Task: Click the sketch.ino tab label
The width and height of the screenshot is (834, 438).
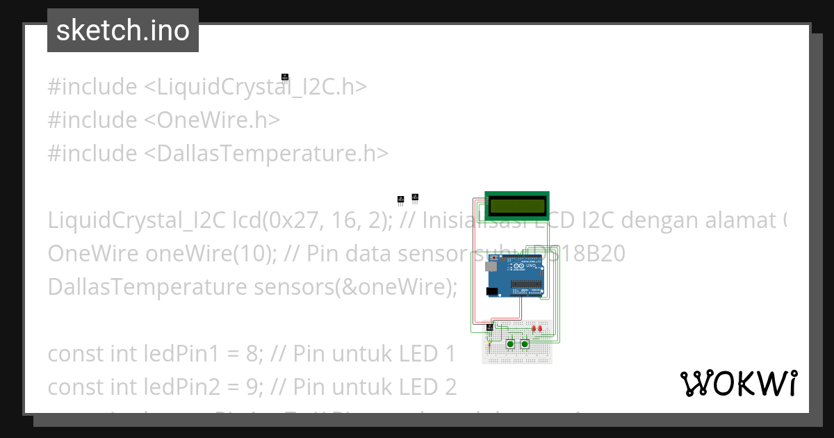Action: tap(123, 31)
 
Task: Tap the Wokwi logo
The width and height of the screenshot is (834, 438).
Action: tap(738, 383)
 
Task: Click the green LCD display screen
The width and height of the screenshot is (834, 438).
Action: tap(516, 206)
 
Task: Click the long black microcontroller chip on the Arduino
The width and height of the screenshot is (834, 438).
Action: tap(527, 284)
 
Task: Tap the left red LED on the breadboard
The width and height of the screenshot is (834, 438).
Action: tap(534, 327)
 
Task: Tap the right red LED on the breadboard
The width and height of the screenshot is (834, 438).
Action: tap(541, 327)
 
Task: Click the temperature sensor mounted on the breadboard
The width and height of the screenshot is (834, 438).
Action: tap(490, 327)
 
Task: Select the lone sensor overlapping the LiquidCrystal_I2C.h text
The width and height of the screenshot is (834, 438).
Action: tap(284, 77)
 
